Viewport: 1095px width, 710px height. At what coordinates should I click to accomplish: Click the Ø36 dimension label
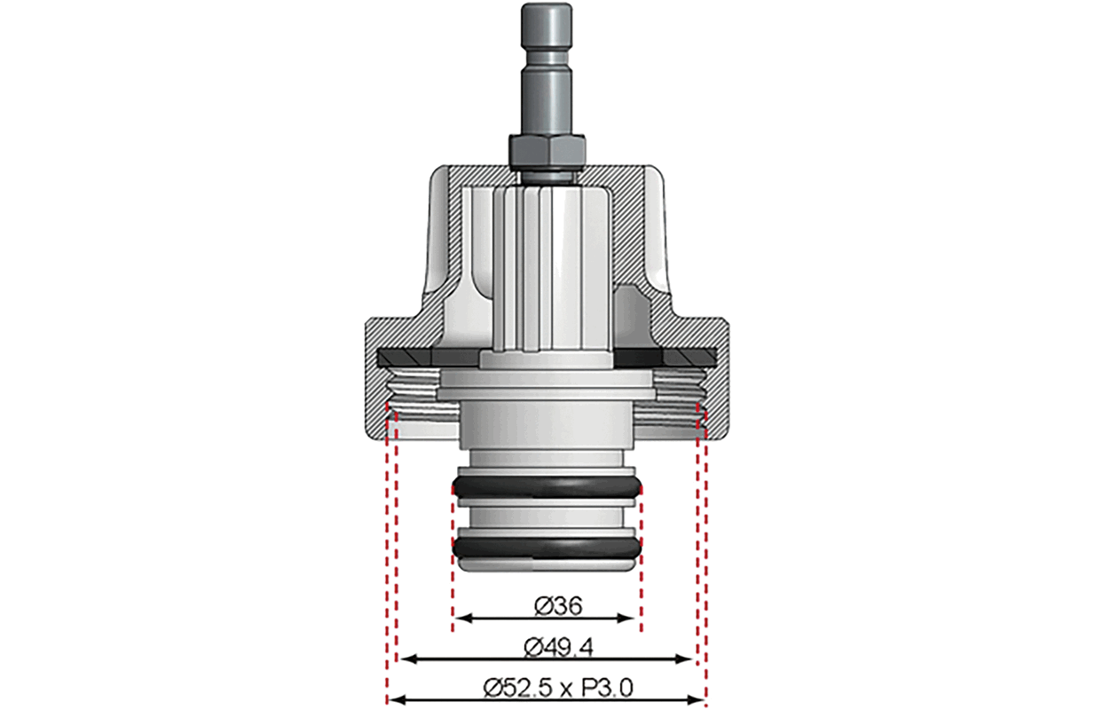558,606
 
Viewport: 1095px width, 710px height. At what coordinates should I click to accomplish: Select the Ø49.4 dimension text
558,648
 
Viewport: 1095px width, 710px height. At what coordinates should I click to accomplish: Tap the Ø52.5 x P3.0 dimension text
558,689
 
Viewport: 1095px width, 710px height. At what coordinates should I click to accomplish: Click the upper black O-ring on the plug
547,487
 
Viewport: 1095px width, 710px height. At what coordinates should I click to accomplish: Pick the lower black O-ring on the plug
547,548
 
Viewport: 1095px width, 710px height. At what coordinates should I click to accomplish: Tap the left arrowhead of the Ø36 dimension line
463,618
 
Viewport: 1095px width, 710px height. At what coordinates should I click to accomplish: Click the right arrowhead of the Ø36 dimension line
626,618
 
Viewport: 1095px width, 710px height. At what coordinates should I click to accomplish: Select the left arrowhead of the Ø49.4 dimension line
409,659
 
